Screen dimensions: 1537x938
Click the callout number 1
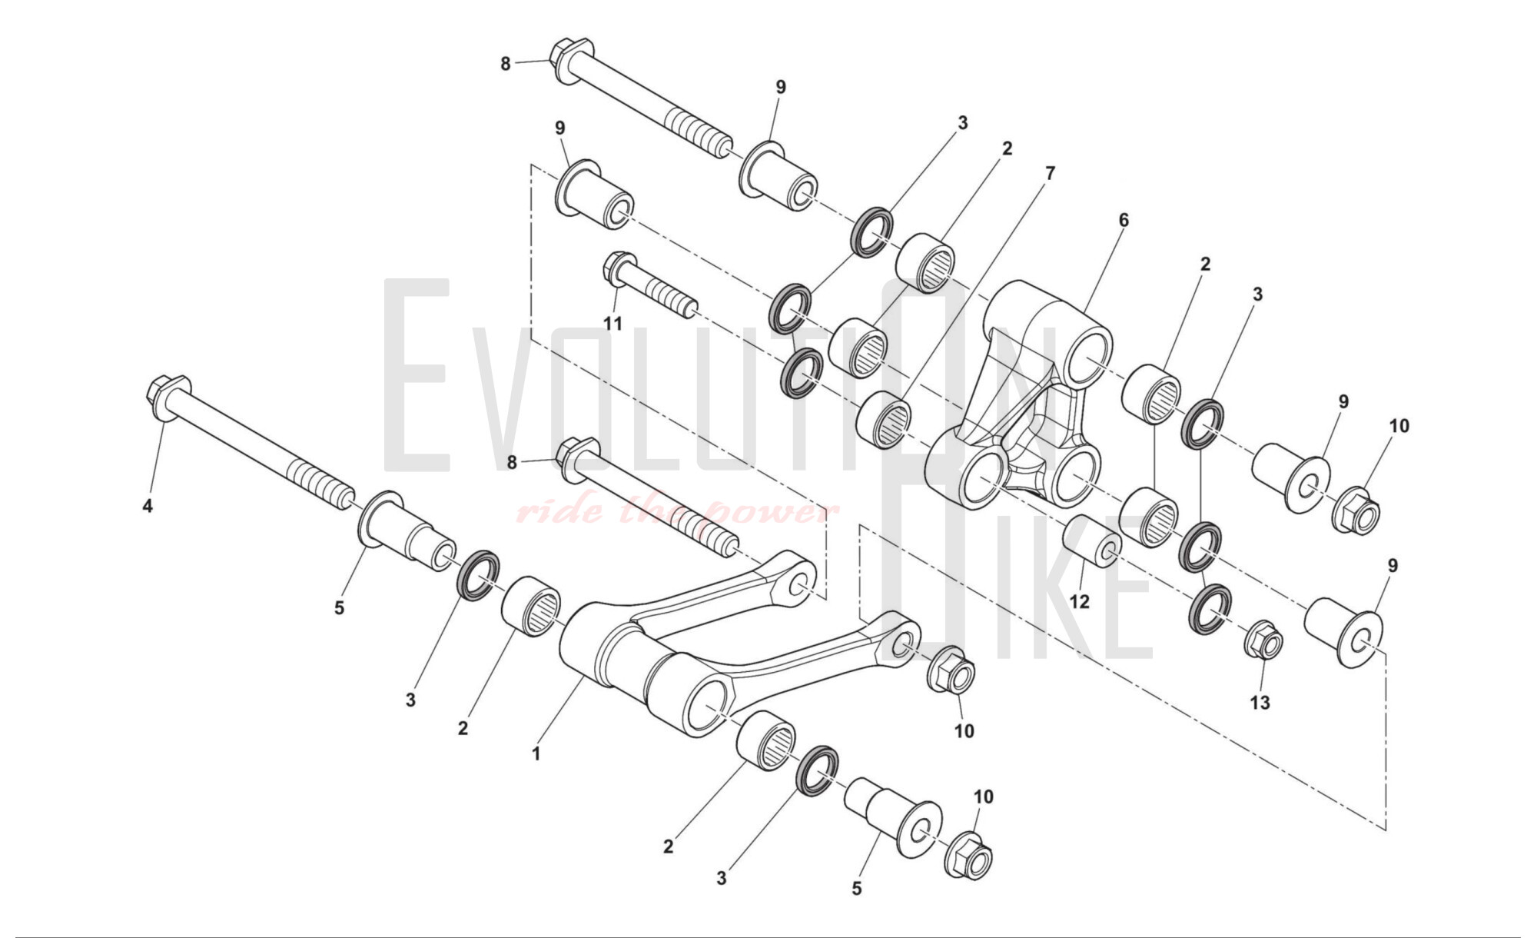coord(536,754)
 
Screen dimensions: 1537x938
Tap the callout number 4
coord(148,506)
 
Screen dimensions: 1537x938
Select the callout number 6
coord(1124,221)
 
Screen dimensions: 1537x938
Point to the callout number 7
coord(1050,174)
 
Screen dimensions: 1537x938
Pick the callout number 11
coord(612,324)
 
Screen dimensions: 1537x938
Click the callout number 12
coord(1080,601)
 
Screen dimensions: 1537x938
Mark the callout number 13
coord(1260,702)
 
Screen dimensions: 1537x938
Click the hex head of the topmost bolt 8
coord(569,58)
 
